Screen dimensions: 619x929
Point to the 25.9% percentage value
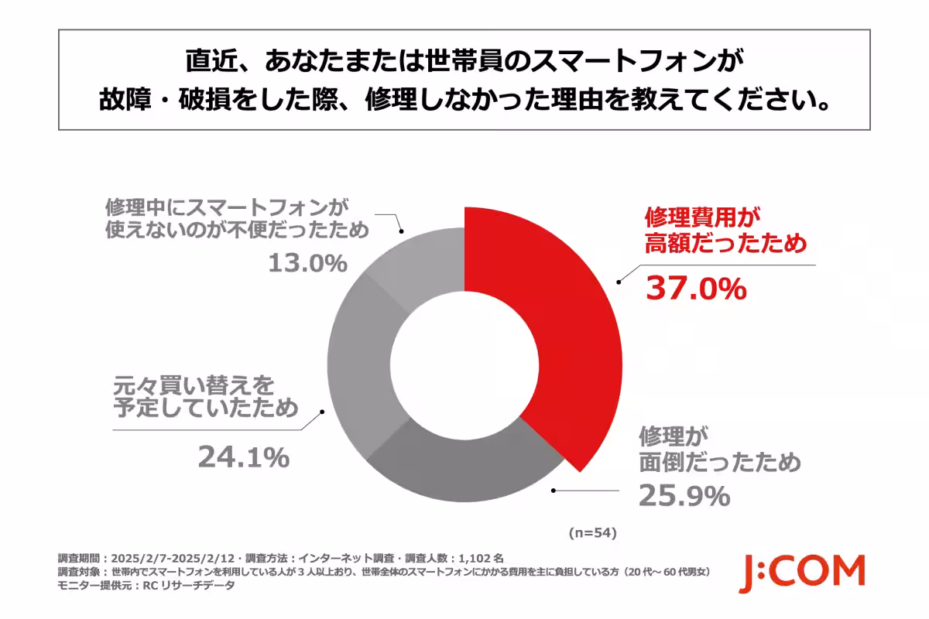click(x=684, y=495)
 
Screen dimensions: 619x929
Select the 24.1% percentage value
click(x=243, y=457)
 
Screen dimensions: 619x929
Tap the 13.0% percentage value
click(x=307, y=263)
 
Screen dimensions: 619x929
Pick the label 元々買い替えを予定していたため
click(x=206, y=395)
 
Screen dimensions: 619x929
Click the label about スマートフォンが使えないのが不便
click(x=227, y=219)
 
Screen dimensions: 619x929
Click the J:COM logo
click(x=801, y=573)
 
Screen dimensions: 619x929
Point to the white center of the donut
click(x=464, y=364)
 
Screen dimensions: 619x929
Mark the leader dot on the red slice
click(x=618, y=283)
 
